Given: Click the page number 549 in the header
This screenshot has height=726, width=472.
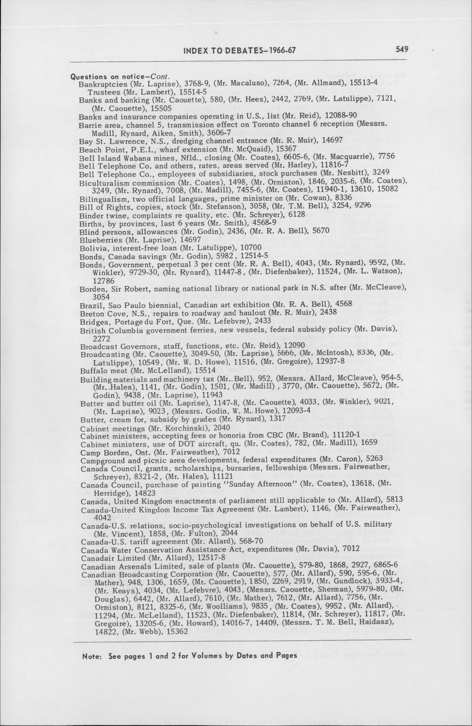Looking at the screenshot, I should (402, 50).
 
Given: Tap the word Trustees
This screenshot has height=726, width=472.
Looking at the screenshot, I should (100, 92).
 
